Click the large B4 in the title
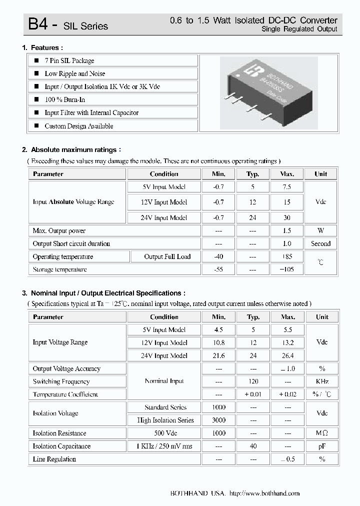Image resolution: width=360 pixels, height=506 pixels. [x=37, y=24]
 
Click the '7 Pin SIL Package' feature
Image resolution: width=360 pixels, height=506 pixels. [x=69, y=60]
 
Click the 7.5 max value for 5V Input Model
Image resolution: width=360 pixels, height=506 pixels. [x=287, y=187]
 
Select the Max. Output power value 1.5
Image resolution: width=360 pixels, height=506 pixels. [x=287, y=231]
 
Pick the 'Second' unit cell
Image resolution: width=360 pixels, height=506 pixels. [x=320, y=244]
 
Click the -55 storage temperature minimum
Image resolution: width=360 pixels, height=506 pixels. [x=218, y=269]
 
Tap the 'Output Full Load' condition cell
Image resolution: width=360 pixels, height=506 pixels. [x=167, y=256]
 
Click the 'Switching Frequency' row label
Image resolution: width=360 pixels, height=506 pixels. [x=61, y=381]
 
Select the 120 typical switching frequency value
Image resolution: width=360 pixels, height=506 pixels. [x=253, y=381]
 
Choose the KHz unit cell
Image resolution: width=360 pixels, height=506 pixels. [x=322, y=381]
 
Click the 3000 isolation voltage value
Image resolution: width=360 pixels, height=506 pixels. [x=218, y=420]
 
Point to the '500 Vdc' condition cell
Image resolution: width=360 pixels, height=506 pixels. [x=164, y=433]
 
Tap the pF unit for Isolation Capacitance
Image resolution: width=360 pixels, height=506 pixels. [x=322, y=446]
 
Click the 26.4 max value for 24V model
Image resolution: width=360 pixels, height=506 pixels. [x=288, y=355]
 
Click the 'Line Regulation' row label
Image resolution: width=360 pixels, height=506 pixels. [x=54, y=459]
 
